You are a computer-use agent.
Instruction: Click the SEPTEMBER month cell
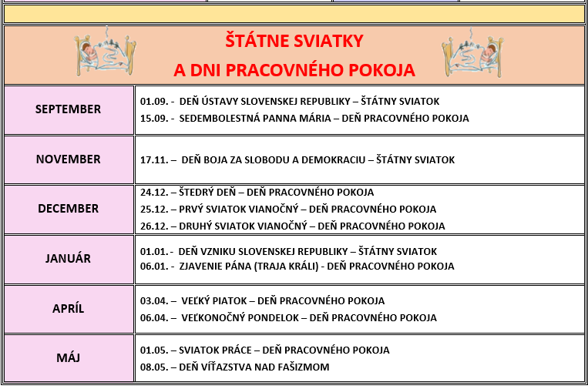click(x=69, y=109)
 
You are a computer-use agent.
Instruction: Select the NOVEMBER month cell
click(x=69, y=159)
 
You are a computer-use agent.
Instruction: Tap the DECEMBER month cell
click(x=69, y=209)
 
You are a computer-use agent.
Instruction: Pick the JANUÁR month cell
click(x=69, y=259)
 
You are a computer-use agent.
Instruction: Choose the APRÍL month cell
click(x=69, y=308)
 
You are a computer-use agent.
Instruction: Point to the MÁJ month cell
click(x=69, y=358)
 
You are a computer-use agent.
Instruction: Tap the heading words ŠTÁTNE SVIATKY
click(x=294, y=40)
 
